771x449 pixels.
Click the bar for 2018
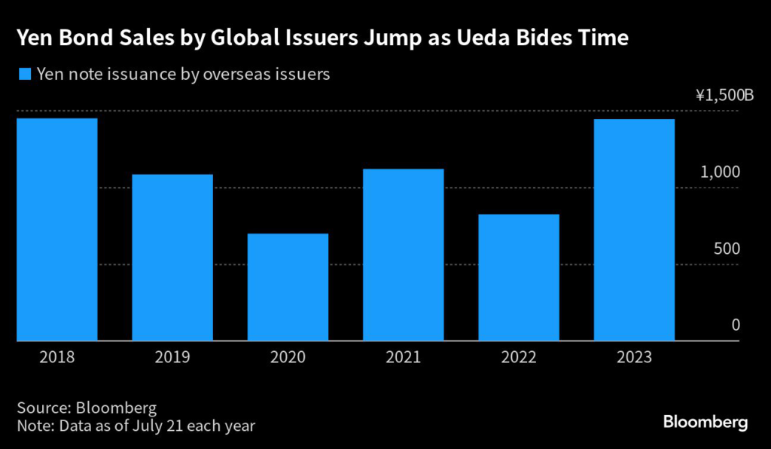pos(57,230)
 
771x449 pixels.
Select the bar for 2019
pos(172,258)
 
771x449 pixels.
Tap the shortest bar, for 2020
pos(288,287)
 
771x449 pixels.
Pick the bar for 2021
pos(404,255)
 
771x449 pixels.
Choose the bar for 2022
pos(519,277)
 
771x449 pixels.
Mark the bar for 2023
pos(634,230)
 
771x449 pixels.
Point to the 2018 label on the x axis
pos(57,356)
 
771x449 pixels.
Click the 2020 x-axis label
pos(288,356)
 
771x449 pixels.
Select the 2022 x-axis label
pos(519,356)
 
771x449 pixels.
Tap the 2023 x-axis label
pos(634,356)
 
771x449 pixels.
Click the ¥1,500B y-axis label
pos(724,96)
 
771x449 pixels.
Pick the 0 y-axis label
pos(735,325)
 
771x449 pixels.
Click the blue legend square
pos(24,74)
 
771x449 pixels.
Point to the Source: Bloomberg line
pos(87,408)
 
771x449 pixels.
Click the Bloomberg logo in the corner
pos(705,422)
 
